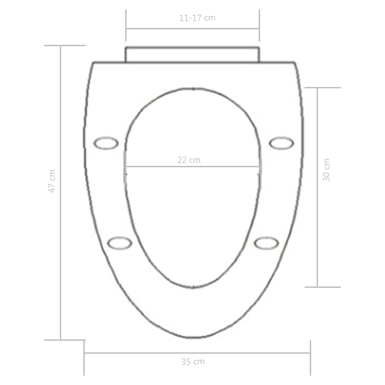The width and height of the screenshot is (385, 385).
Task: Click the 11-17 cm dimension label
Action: [x=197, y=18]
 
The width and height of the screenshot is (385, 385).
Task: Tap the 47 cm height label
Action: [x=52, y=181]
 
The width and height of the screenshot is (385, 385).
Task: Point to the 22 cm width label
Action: [x=189, y=160]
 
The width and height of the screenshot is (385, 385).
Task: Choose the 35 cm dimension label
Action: [x=193, y=362]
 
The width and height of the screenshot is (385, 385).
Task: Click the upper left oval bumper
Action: [x=106, y=143]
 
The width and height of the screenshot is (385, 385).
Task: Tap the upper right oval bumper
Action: [x=281, y=143]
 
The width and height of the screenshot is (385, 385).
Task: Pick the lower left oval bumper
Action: [x=120, y=243]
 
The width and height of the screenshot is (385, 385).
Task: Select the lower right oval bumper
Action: [x=266, y=243]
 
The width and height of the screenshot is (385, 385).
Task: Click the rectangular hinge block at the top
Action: [x=192, y=55]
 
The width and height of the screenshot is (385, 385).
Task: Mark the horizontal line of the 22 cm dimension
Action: [x=158, y=166]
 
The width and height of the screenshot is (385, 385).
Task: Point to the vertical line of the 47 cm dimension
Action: [x=61, y=244]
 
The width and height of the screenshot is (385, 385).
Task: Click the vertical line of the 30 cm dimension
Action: [x=318, y=226]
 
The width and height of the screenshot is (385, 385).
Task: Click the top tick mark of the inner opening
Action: [x=193, y=89]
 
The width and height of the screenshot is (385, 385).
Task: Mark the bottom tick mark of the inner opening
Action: [x=192, y=287]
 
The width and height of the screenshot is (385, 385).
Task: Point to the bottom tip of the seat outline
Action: [x=192, y=337]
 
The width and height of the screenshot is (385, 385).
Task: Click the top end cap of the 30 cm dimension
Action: [x=322, y=88]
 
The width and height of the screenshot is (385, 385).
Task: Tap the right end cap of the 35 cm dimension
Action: [x=310, y=357]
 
